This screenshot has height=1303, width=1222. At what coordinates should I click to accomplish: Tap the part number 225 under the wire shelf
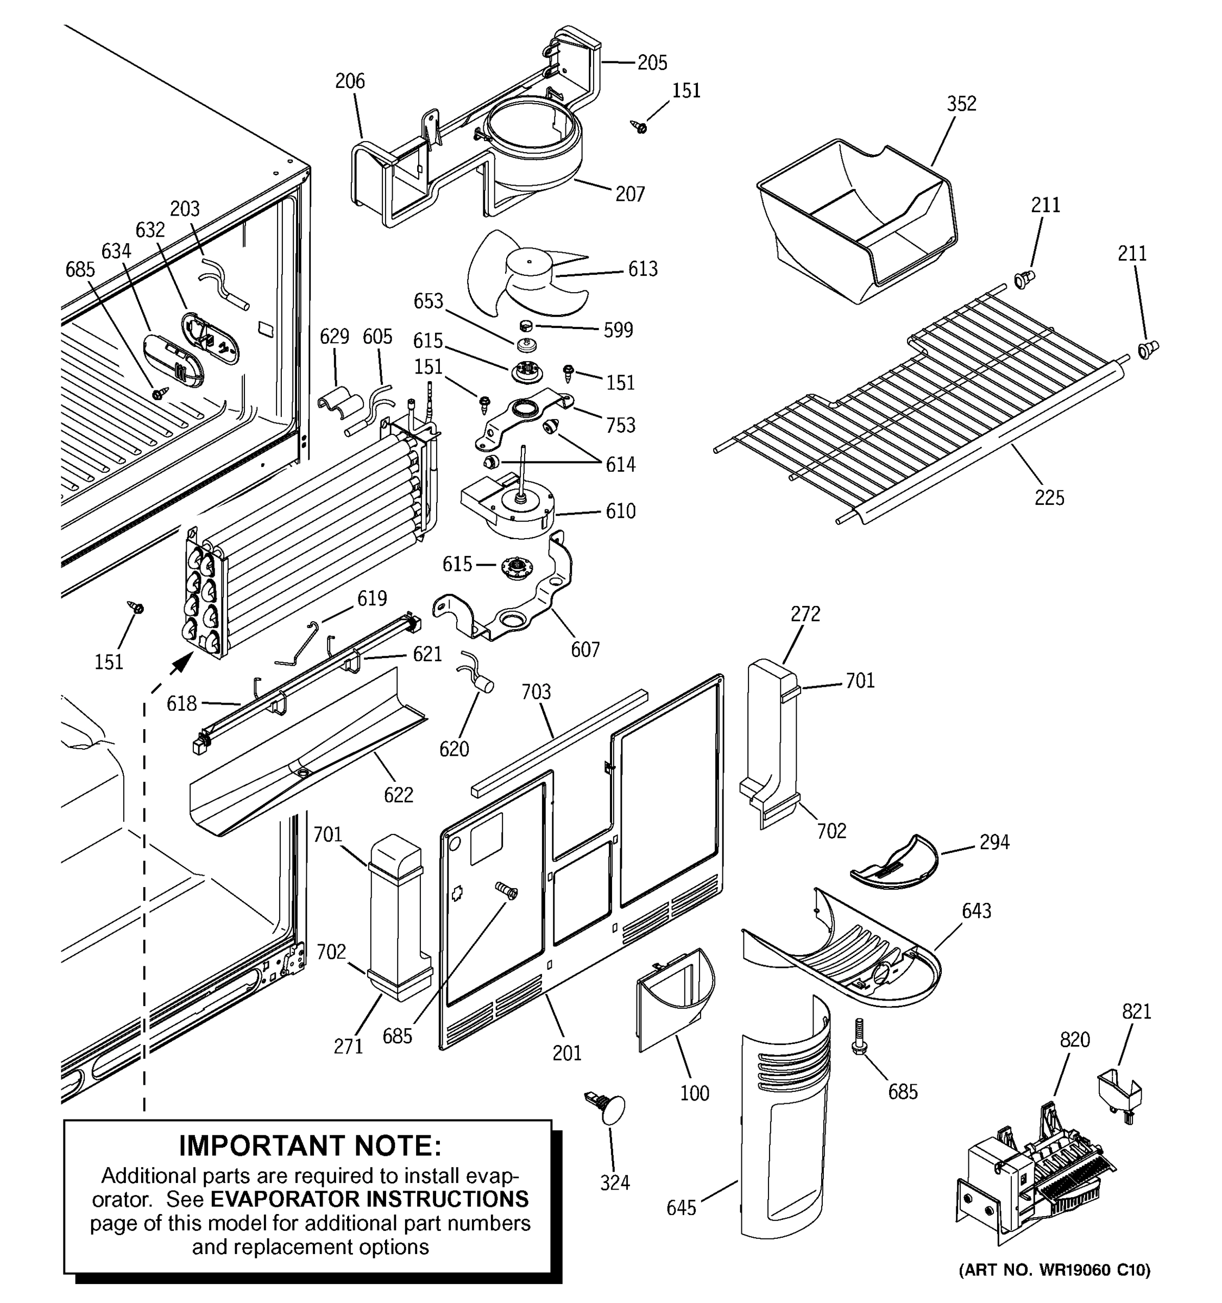coord(1049,498)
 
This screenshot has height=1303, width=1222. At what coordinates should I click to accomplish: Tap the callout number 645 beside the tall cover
coord(681,1208)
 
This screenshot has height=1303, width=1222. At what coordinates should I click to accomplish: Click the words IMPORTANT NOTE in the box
coord(310,1146)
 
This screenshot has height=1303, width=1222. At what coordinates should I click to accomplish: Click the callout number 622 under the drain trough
coord(398,795)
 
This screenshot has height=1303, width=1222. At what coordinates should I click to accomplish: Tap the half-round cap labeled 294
coord(895,864)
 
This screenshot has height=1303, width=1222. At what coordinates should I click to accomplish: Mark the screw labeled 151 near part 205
coord(639,126)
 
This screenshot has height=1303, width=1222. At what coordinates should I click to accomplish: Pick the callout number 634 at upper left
coord(116,251)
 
